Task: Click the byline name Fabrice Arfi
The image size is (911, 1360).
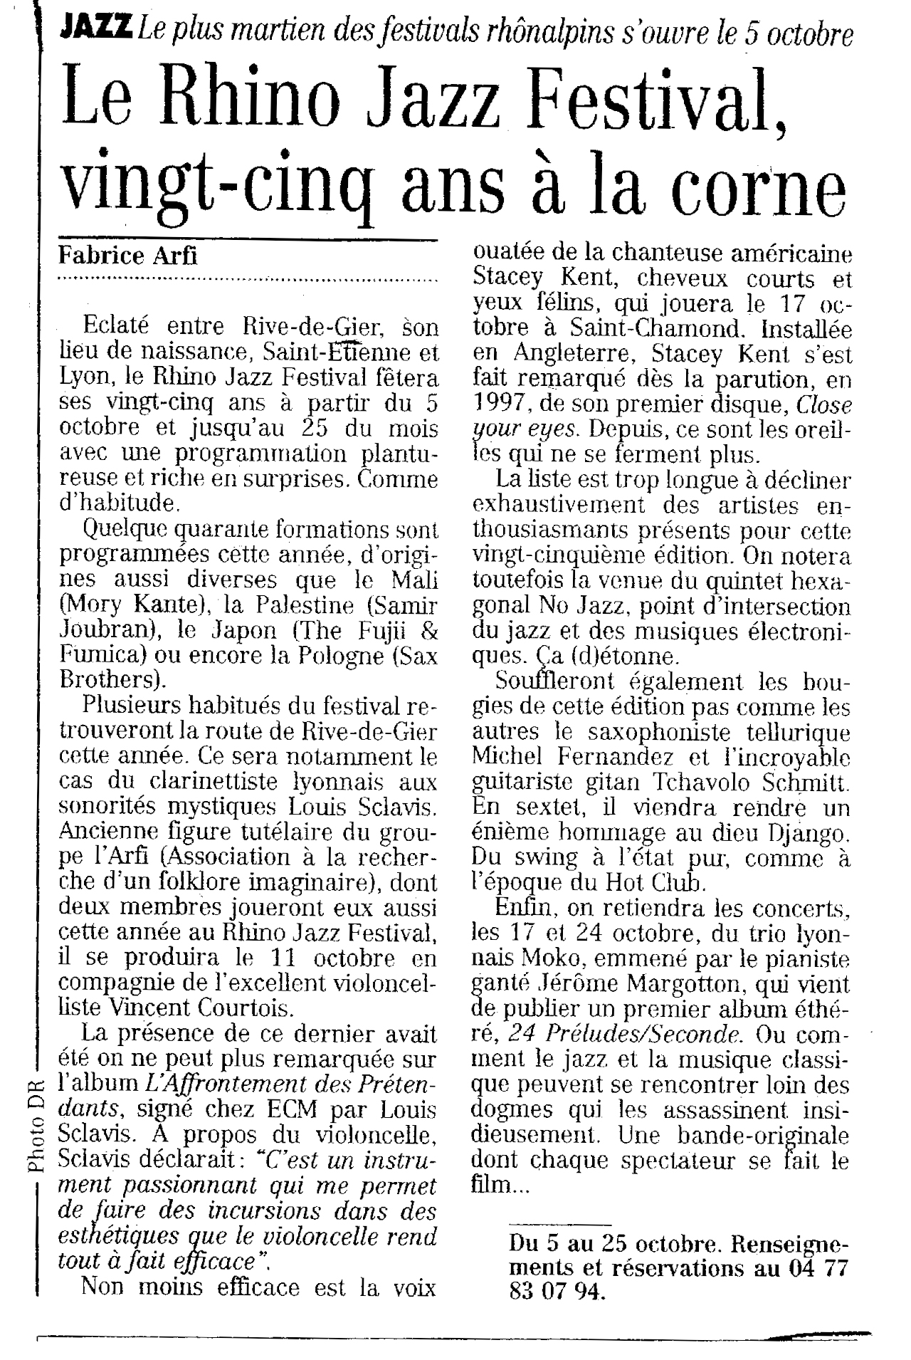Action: click(x=127, y=255)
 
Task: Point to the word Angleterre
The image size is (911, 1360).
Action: click(x=567, y=354)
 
